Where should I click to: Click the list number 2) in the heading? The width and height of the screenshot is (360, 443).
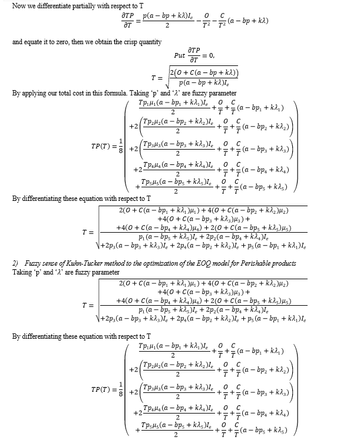click(16, 263)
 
